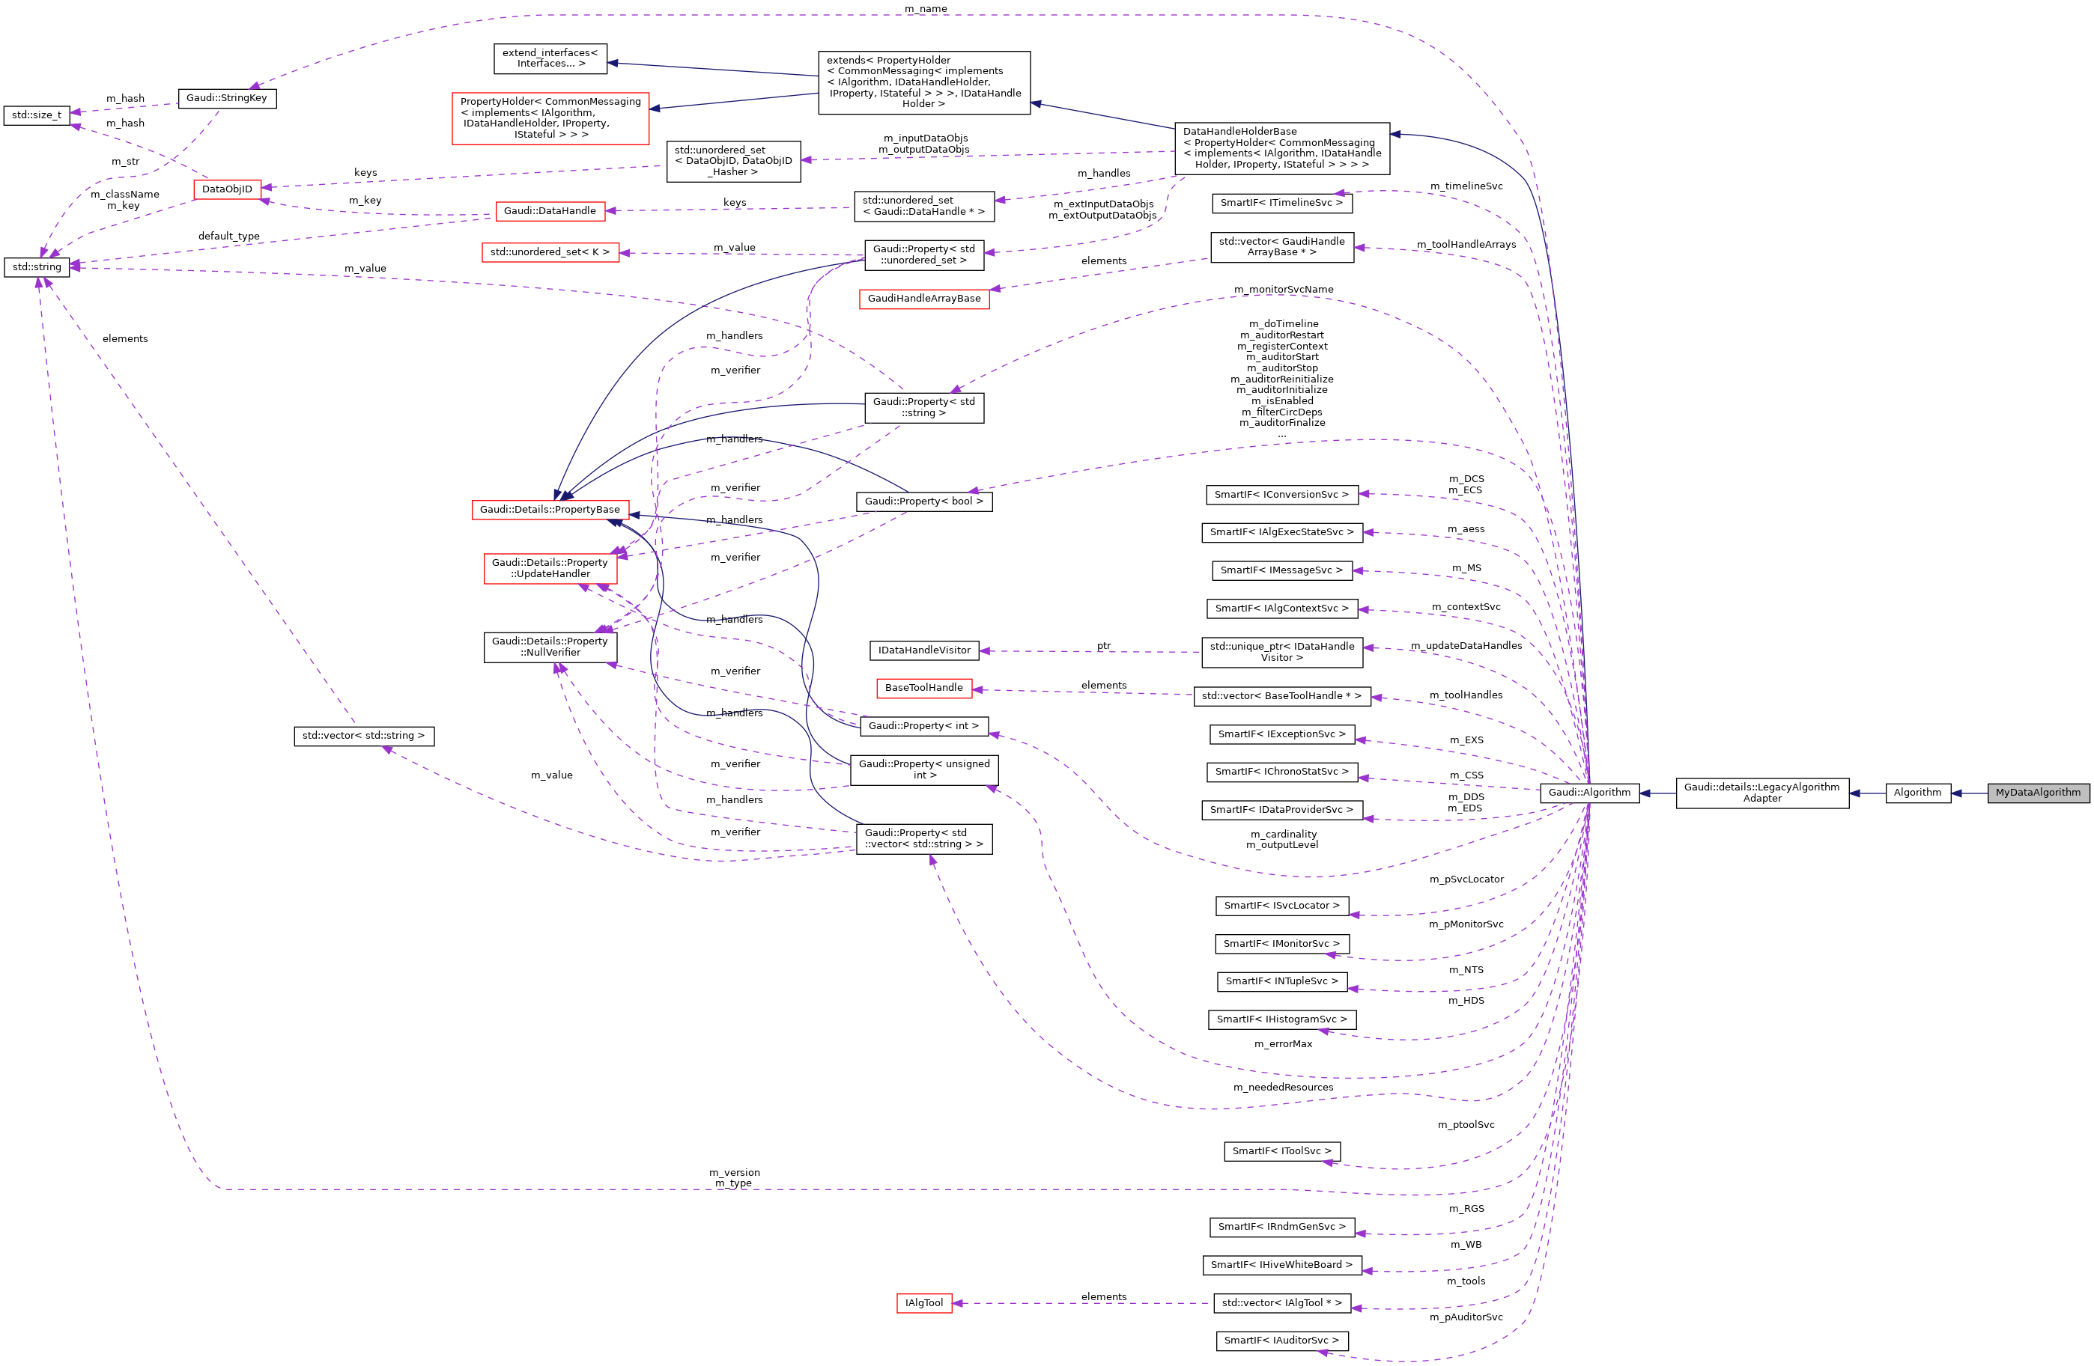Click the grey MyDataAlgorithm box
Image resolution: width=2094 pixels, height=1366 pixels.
point(2038,793)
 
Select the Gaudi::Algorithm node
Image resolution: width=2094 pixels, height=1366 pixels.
point(1589,793)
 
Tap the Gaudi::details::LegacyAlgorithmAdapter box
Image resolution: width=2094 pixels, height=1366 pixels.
point(1761,793)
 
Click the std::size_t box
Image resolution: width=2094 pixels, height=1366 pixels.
point(37,115)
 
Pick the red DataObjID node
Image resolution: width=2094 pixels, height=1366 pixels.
point(227,189)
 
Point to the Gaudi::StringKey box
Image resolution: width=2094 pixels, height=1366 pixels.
point(227,97)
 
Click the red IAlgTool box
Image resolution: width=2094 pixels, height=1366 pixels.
point(924,1302)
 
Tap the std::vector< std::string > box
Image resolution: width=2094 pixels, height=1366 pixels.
point(363,735)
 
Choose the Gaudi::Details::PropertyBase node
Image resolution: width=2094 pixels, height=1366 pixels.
point(550,509)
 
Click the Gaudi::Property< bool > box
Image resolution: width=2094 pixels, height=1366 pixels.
point(924,501)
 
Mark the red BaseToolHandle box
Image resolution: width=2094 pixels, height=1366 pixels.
point(924,688)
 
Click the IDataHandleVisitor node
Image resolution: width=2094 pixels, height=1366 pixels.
point(924,650)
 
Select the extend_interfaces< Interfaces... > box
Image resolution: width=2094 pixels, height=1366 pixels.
point(550,58)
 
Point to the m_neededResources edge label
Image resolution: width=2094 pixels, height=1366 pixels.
point(1283,1087)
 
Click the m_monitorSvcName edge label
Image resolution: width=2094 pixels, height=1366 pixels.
point(1283,290)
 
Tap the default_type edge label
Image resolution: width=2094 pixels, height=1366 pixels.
point(228,236)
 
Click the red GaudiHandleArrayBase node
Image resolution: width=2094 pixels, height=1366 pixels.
point(924,298)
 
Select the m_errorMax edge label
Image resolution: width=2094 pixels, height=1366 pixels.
point(1283,1044)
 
